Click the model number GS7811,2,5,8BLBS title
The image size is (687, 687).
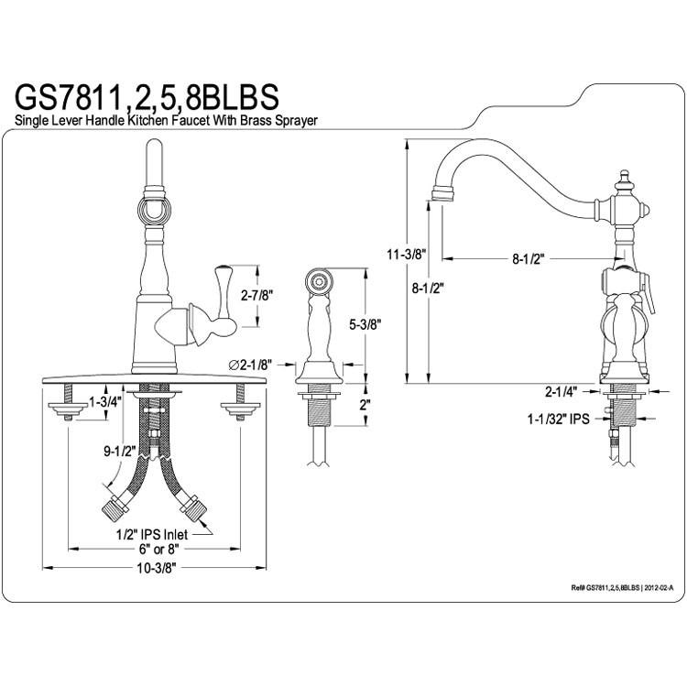coord(147,98)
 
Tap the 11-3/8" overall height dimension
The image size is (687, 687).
coord(405,254)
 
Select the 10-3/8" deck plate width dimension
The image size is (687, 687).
coord(157,568)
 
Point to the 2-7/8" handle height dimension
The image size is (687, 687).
coord(257,296)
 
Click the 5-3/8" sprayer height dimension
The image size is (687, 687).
coord(365,324)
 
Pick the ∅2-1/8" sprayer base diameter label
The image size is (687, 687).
coord(251,364)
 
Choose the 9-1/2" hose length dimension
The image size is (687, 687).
coord(120,452)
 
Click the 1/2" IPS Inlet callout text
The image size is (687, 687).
coord(151,534)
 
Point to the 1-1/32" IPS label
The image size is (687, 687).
coord(558,420)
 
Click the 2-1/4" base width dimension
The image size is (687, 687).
coord(562,391)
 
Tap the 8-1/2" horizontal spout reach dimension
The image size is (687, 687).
coord(528,259)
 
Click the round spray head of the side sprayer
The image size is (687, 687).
coord(318,281)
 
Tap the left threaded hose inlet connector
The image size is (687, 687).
coord(115,507)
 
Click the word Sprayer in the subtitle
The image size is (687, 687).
coord(296,121)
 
